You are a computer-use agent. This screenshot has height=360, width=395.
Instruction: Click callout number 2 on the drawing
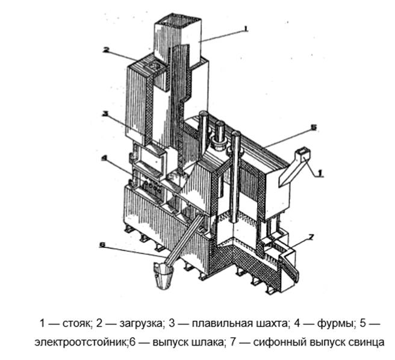[106, 50]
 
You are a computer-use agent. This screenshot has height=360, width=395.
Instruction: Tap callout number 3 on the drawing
[105, 114]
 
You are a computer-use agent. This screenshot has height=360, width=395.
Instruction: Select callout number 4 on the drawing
[104, 158]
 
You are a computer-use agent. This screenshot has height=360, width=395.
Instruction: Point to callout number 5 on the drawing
[313, 128]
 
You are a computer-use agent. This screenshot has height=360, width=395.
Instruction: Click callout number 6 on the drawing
[102, 245]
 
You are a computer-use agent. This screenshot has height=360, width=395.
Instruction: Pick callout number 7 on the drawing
[312, 237]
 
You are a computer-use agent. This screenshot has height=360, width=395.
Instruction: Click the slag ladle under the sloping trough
[164, 275]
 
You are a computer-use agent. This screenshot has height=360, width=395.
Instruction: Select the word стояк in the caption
[75, 323]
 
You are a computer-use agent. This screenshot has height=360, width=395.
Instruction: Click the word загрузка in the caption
[141, 323]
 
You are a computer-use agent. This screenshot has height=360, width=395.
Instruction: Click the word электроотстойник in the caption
[81, 343]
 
